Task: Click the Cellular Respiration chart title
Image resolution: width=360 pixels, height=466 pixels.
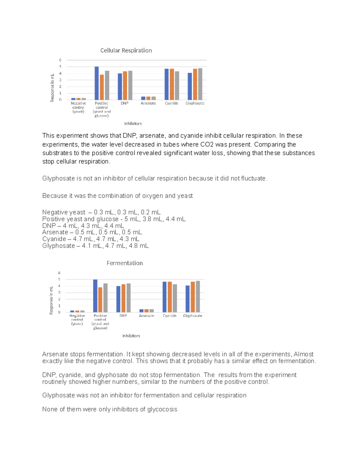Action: tap(126, 50)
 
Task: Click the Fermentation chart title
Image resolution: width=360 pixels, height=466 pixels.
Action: tap(124, 263)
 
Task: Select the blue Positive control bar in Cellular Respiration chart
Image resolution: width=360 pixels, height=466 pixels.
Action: tap(97, 83)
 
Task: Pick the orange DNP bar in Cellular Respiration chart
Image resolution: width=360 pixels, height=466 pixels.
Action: tap(125, 86)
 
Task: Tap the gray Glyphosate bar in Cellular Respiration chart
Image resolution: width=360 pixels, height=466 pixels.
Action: tap(200, 84)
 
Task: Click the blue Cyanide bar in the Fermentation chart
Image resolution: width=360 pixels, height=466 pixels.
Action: tap(164, 297)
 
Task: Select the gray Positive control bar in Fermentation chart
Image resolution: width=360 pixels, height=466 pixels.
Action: tap(105, 298)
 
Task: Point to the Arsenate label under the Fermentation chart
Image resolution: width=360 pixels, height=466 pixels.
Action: tap(146, 316)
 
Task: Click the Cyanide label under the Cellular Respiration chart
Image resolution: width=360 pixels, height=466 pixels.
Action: tap(172, 103)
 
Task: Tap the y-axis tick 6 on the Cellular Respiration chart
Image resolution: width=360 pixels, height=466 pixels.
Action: tap(60, 60)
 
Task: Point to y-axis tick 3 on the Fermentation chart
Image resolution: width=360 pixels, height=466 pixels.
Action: tap(59, 293)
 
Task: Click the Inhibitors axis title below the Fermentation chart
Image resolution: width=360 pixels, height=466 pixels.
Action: tap(131, 336)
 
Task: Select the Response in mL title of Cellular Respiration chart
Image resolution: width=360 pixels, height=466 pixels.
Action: tap(52, 88)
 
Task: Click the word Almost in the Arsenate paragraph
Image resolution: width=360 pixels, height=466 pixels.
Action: tap(303, 354)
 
